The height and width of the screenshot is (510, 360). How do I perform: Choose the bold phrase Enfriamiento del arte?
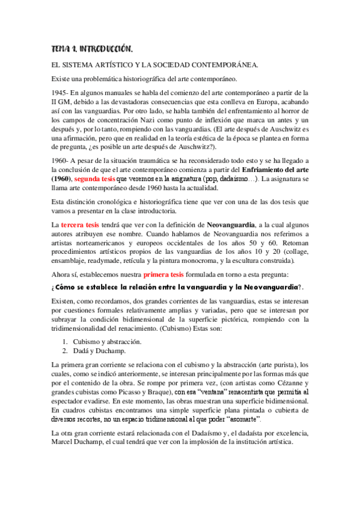pos(272,171)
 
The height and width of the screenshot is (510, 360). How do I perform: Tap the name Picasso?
pos(129,392)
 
